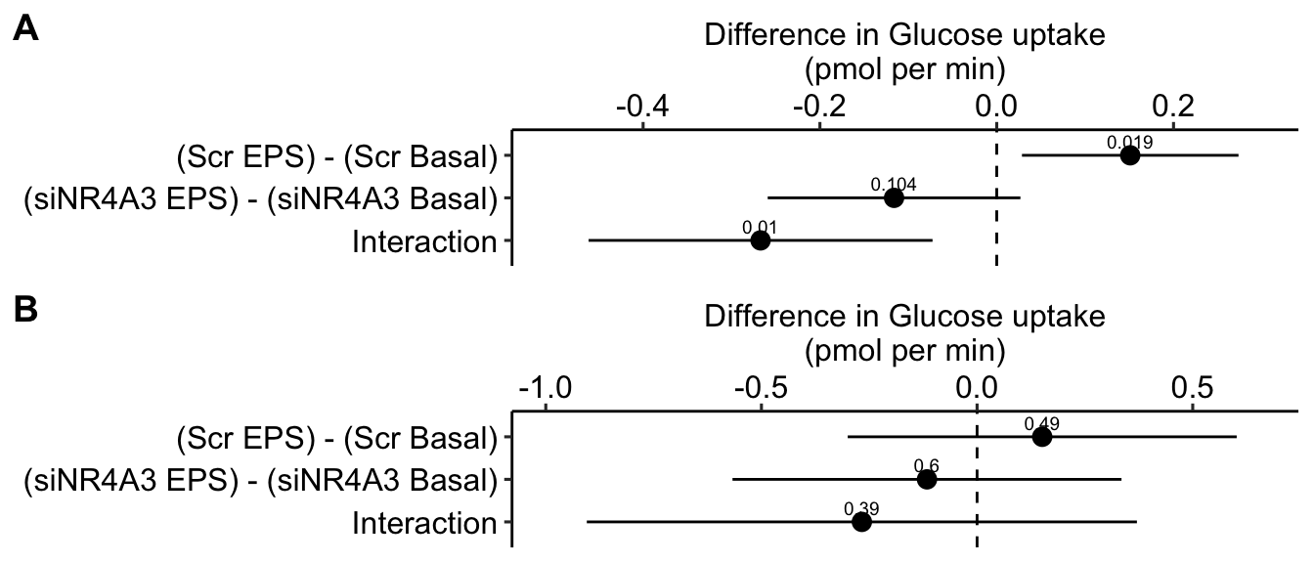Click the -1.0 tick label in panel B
point(544,387)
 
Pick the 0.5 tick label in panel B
point(1193,387)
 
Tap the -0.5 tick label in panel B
point(760,387)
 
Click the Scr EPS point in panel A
point(1130,155)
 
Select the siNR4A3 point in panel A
point(894,197)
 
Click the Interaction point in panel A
point(761,240)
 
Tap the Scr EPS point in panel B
point(1042,437)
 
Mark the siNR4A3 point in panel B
point(927,480)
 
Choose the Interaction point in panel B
point(861,522)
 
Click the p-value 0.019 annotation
point(1129,142)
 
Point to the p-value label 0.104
point(894,184)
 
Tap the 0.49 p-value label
point(1042,423)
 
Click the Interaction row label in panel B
point(425,523)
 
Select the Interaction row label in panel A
point(425,241)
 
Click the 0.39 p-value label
point(861,508)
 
